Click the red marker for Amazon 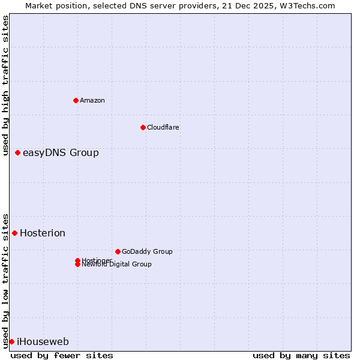click(x=76, y=100)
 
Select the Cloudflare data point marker click(x=143, y=127)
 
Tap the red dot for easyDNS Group click(x=18, y=153)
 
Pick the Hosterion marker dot click(x=15, y=233)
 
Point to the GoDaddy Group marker click(x=118, y=251)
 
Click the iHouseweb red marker click(x=11, y=341)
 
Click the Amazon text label click(x=92, y=100)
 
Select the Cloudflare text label click(x=163, y=127)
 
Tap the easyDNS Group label click(x=61, y=153)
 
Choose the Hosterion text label click(x=43, y=233)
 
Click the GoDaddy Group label click(x=147, y=252)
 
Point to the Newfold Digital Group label click(x=117, y=265)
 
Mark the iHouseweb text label click(x=43, y=342)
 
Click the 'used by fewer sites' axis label click(x=62, y=356)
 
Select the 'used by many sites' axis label click(x=301, y=356)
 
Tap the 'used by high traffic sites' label click(x=6, y=86)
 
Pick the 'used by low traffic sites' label click(x=6, y=280)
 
